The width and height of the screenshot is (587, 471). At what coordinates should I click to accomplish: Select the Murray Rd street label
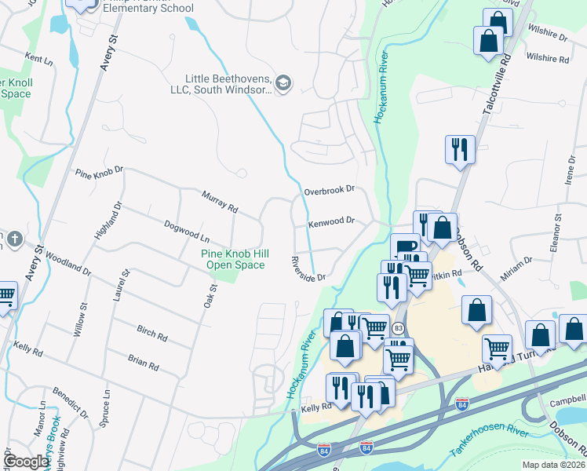pos(220,202)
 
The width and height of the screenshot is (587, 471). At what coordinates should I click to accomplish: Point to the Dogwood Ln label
pos(187,231)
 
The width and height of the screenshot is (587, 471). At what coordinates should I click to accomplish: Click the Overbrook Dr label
pos(330,189)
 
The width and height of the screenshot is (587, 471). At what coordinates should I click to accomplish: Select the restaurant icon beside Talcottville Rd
pos(459,149)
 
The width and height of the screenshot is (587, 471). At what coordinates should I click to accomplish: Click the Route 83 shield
pos(399,327)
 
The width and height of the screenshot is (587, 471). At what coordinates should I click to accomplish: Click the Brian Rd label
pos(143,362)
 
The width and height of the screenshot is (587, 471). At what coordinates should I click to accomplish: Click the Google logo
pos(26,462)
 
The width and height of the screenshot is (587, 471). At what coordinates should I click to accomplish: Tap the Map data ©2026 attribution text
pos(552,465)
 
